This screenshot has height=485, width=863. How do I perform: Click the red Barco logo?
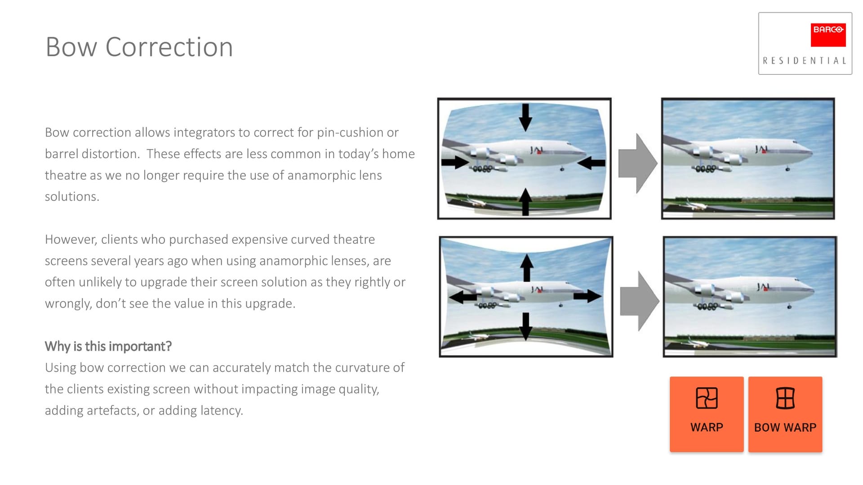tap(828, 35)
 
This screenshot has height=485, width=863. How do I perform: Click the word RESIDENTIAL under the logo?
tap(805, 61)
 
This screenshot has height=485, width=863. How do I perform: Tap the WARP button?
tap(707, 414)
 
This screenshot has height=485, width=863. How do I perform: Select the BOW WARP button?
tap(785, 414)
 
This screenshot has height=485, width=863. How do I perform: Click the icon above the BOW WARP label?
tap(785, 398)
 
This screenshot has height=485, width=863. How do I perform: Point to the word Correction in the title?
tap(169, 47)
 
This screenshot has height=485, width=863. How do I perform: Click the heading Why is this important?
tap(108, 346)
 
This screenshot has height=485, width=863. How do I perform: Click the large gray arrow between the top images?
tap(638, 163)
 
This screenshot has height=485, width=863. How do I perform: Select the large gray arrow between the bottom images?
tap(640, 301)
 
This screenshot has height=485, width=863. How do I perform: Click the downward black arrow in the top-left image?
tap(525, 117)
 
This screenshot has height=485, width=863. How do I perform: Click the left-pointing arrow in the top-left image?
tap(591, 163)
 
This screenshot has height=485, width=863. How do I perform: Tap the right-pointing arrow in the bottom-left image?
tap(587, 296)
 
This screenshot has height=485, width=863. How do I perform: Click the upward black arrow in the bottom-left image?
tap(527, 268)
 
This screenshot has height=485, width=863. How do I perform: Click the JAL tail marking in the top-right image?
tap(761, 149)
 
